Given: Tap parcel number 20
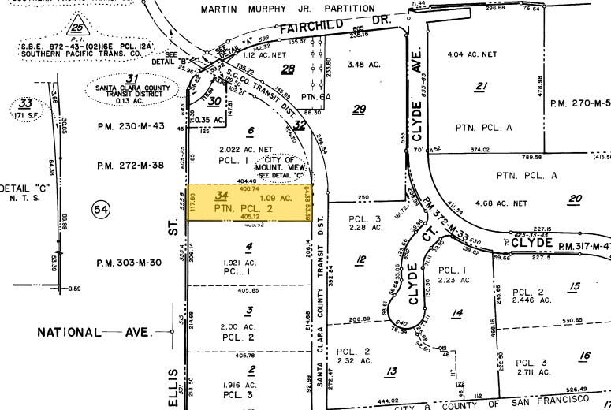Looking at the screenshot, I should pyautogui.click(x=574, y=199).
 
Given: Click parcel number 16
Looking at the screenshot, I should pyautogui.click(x=584, y=356).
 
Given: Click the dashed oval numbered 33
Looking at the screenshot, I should pyautogui.click(x=27, y=110).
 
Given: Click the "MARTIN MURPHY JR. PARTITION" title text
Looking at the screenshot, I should pyautogui.click(x=287, y=9).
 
